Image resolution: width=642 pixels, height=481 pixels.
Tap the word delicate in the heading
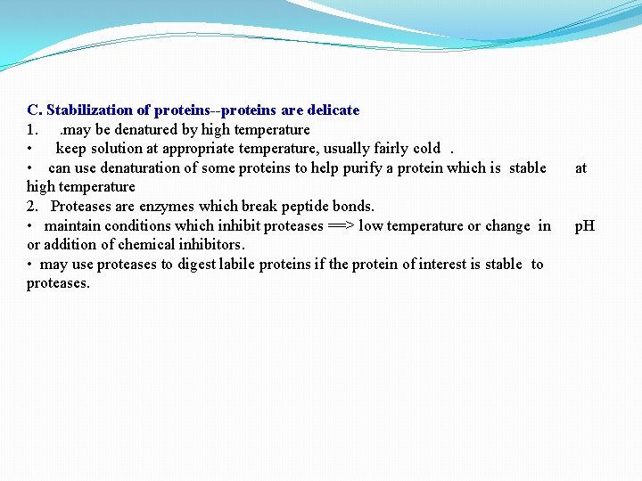333,110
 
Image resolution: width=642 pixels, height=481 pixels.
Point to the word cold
426,149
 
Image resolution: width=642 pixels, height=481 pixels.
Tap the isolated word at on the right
580,167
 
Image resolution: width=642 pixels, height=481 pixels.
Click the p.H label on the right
584,225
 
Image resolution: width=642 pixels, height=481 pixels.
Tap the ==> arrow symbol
341,225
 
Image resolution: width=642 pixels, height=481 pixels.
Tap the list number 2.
31,207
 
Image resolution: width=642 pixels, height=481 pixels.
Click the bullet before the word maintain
30,226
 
